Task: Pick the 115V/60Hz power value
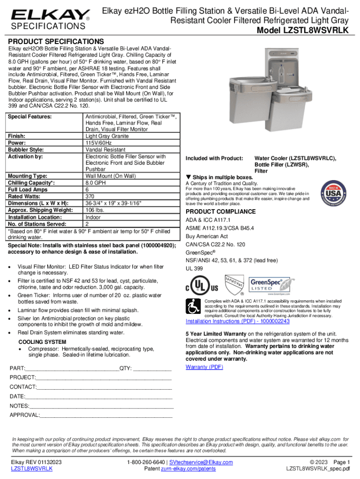point(98,143)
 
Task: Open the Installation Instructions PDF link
point(238,321)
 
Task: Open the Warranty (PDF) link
point(204,367)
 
